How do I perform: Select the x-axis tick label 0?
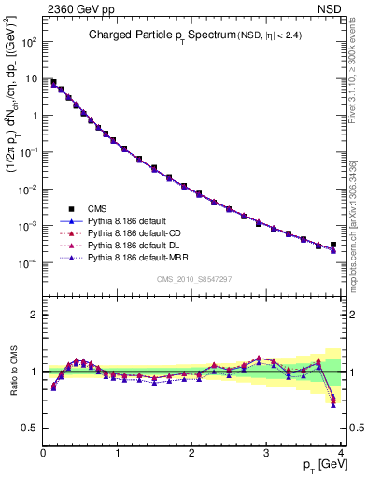pos(43,453)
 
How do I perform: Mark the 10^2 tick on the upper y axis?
pos(29,42)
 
